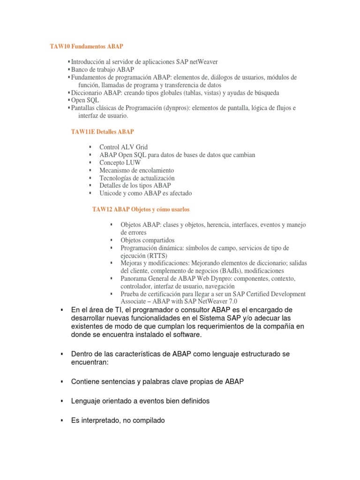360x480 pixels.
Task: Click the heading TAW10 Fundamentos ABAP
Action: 87,47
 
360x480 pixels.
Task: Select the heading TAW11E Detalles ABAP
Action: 102,132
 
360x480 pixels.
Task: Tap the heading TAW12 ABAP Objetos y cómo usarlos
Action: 141,209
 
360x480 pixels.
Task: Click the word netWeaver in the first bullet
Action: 203,62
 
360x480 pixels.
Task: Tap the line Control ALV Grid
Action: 123,147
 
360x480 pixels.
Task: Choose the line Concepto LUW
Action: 120,163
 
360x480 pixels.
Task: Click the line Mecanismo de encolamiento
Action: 136,170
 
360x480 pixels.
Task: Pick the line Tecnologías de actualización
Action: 137,178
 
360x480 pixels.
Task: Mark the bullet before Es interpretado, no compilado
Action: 61,420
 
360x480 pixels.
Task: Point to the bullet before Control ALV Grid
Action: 90,147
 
